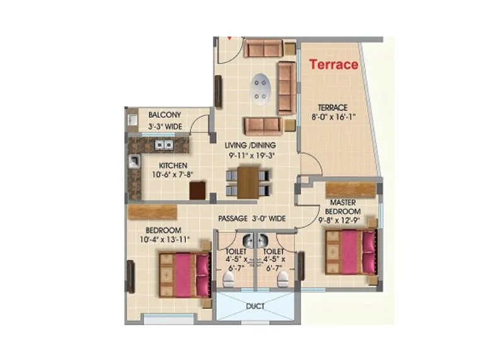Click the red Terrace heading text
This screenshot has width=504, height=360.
[x=333, y=64]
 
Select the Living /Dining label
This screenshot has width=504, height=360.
[x=250, y=145]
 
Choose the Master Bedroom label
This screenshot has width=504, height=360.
[x=346, y=206]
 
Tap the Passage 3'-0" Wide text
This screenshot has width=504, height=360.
[x=252, y=218]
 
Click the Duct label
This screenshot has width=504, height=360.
[x=255, y=307]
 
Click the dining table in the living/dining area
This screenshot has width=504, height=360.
[x=249, y=182]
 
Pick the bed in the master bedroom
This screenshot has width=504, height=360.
[x=351, y=252]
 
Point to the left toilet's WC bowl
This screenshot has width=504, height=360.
[x=227, y=278]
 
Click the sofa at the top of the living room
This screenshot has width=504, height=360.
[x=264, y=48]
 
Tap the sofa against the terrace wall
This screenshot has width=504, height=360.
[x=287, y=88]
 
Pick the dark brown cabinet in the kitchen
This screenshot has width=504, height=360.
[x=197, y=190]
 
